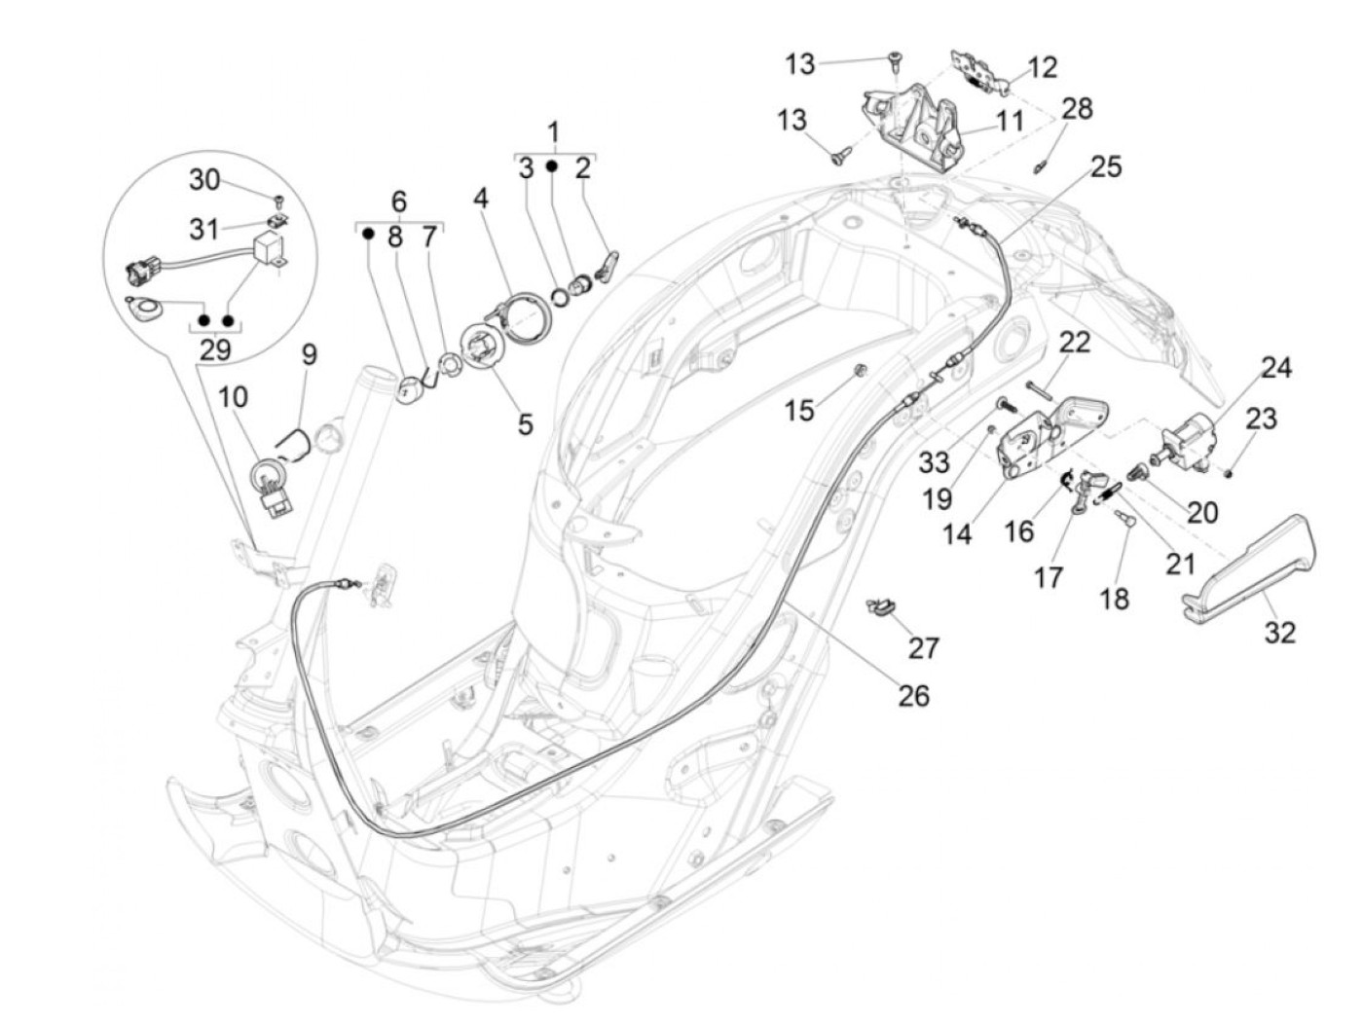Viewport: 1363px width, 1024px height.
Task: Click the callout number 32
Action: tap(1280, 633)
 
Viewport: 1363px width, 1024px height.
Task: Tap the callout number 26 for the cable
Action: tap(914, 695)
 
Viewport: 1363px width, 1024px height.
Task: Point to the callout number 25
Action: tap(1106, 166)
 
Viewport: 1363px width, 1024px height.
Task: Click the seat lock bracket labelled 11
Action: tap(915, 127)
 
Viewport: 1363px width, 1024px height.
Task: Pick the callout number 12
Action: tap(1042, 67)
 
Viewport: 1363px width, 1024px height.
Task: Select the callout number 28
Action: tap(1078, 108)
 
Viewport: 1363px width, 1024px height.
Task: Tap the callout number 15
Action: tap(799, 411)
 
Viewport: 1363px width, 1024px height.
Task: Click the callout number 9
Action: tap(309, 355)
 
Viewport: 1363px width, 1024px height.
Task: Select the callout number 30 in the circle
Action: tap(204, 180)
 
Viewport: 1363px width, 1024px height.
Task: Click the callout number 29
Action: tap(215, 349)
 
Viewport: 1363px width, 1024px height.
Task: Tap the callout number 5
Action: tap(526, 424)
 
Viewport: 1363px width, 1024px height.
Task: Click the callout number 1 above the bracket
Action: tap(554, 131)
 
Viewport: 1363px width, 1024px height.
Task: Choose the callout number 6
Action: tap(398, 201)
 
